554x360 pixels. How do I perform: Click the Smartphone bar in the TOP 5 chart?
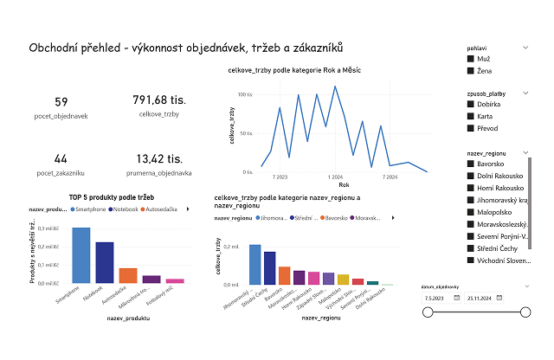pyautogui.click(x=81, y=255)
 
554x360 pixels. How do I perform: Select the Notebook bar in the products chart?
pyautogui.click(x=105, y=262)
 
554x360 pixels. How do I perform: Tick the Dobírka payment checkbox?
pyautogui.click(x=470, y=105)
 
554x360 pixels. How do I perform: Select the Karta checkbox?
pyautogui.click(x=470, y=117)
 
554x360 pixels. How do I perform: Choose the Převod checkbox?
pyautogui.click(x=470, y=129)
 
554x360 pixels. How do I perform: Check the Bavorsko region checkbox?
pyautogui.click(x=470, y=164)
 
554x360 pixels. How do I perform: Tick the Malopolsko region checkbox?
pyautogui.click(x=470, y=209)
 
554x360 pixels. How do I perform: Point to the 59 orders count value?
pyautogui.click(x=61, y=102)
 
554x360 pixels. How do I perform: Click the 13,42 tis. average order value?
pyautogui.click(x=159, y=159)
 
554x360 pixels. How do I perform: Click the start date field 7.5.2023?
pyautogui.click(x=440, y=298)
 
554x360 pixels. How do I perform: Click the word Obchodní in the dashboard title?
pyautogui.click(x=56, y=48)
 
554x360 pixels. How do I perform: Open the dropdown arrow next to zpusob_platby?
pyautogui.click(x=526, y=92)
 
